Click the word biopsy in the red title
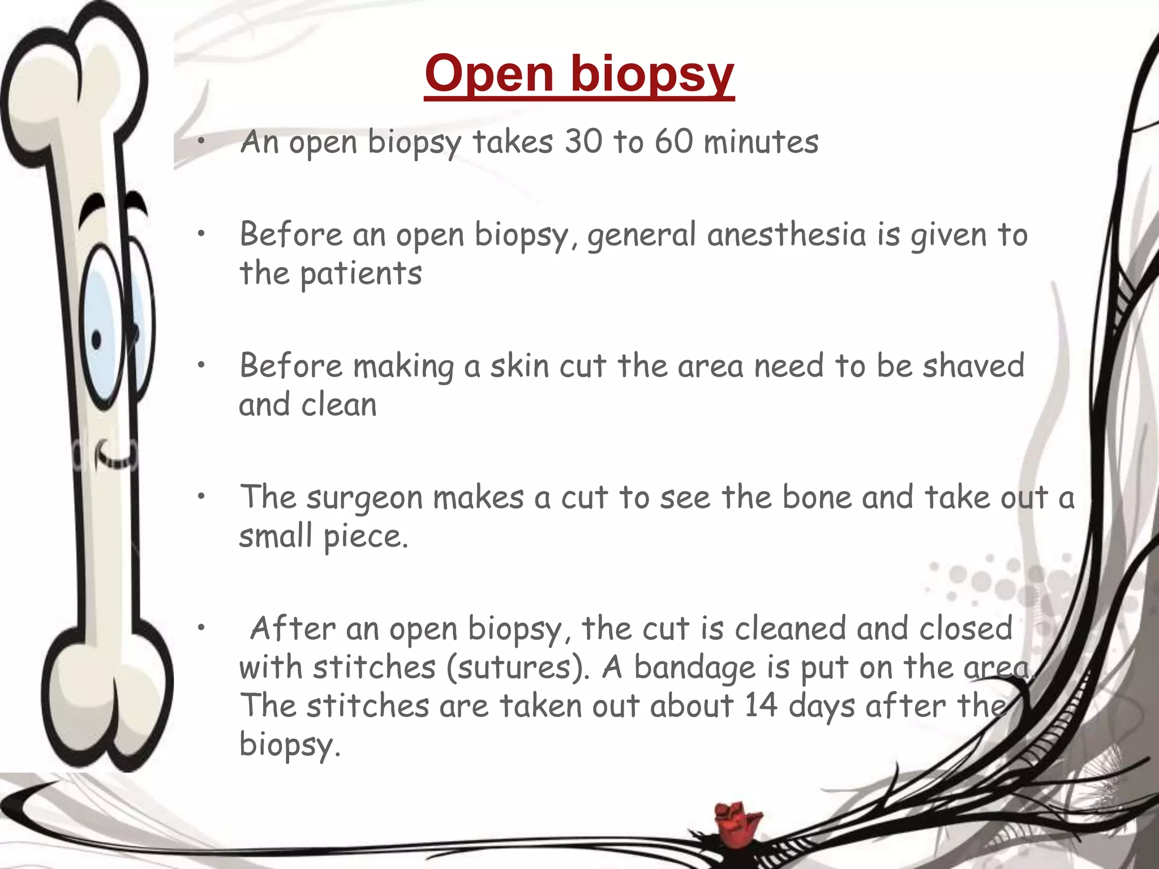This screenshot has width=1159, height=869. point(652,75)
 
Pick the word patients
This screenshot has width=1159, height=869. point(360,274)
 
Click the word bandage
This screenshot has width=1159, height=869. point(694,668)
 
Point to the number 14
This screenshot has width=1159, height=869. point(761,705)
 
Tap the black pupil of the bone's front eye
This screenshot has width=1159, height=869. point(97,340)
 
